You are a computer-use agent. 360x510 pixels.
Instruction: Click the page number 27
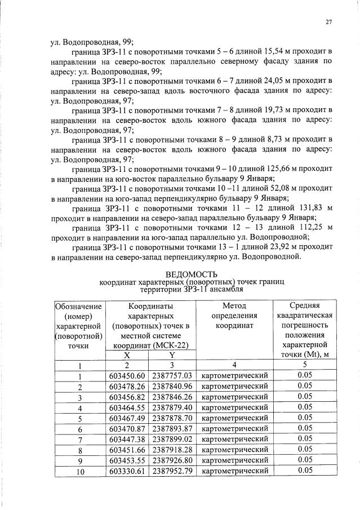pos(328,22)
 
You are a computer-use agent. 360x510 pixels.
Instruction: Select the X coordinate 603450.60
pos(127,376)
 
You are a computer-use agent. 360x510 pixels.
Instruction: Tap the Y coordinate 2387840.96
pos(172,386)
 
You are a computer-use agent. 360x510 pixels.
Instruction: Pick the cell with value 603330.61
pos(127,471)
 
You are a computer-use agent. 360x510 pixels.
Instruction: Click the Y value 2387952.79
pos(172,471)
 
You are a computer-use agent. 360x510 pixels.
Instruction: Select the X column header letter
pos(127,355)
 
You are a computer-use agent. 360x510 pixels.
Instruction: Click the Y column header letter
pos(172,355)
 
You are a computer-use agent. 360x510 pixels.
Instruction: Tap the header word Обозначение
pos(79,306)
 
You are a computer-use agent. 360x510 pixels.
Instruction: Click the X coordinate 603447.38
pos(127,439)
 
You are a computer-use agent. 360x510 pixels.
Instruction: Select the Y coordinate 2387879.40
pos(172,407)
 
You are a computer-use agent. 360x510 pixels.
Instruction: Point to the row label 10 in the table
pos(79,471)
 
